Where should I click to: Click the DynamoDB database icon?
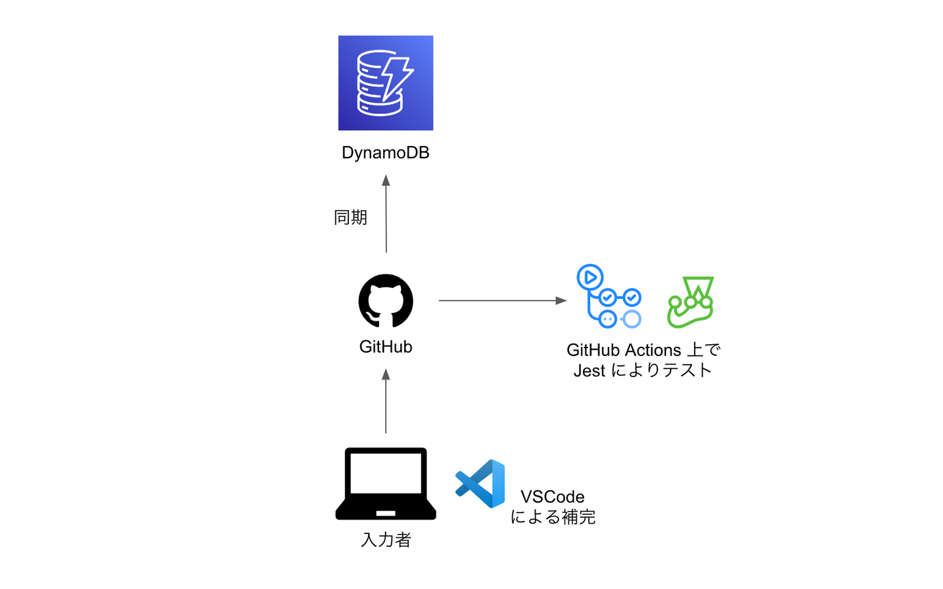pyautogui.click(x=385, y=83)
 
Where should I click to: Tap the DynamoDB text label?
pyautogui.click(x=385, y=152)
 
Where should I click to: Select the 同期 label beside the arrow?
pyautogui.click(x=350, y=217)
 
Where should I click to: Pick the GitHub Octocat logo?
pyautogui.click(x=386, y=300)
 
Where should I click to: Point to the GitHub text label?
pyautogui.click(x=386, y=347)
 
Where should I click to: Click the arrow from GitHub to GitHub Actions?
pyautogui.click(x=502, y=300)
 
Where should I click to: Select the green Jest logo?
pyautogui.click(x=691, y=302)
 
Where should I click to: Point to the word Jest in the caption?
pyautogui.click(x=589, y=371)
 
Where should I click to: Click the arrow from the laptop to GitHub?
pyautogui.click(x=386, y=401)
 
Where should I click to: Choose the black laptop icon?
pyautogui.click(x=386, y=484)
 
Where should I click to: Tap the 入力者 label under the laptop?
pyautogui.click(x=386, y=540)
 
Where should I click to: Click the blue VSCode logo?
pyautogui.click(x=481, y=484)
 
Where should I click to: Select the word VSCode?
pyautogui.click(x=553, y=497)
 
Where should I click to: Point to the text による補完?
pyautogui.click(x=553, y=517)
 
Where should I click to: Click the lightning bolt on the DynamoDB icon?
pyautogui.click(x=396, y=77)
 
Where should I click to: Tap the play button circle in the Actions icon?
pyautogui.click(x=590, y=277)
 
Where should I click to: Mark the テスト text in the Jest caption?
pyautogui.click(x=687, y=370)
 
